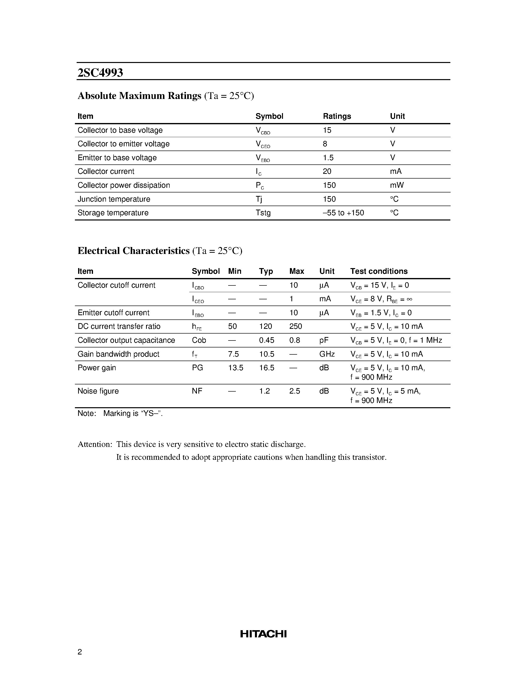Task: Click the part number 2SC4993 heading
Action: pyautogui.click(x=100, y=73)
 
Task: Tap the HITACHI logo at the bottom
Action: pyautogui.click(x=263, y=634)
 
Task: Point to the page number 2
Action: pyautogui.click(x=80, y=652)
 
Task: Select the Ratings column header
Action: pyautogui.click(x=337, y=116)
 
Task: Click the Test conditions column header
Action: pyautogui.click(x=379, y=271)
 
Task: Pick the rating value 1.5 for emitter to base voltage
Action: pyautogui.click(x=328, y=158)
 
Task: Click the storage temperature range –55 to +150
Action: pyautogui.click(x=343, y=213)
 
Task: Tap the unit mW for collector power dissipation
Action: pyautogui.click(x=397, y=185)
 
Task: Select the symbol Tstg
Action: pyautogui.click(x=263, y=213)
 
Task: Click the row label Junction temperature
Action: pyautogui.click(x=114, y=199)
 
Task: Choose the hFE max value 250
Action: pyautogui.click(x=295, y=326)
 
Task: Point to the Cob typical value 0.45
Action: pyautogui.click(x=266, y=340)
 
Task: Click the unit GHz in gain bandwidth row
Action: pyautogui.click(x=327, y=354)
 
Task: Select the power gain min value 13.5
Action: pyautogui.click(x=235, y=368)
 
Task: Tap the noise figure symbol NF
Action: pyautogui.click(x=197, y=391)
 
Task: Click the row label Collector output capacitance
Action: pyautogui.click(x=126, y=340)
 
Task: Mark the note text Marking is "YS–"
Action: pyautogui.click(x=133, y=413)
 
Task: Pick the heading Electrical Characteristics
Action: pyautogui.click(x=133, y=251)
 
